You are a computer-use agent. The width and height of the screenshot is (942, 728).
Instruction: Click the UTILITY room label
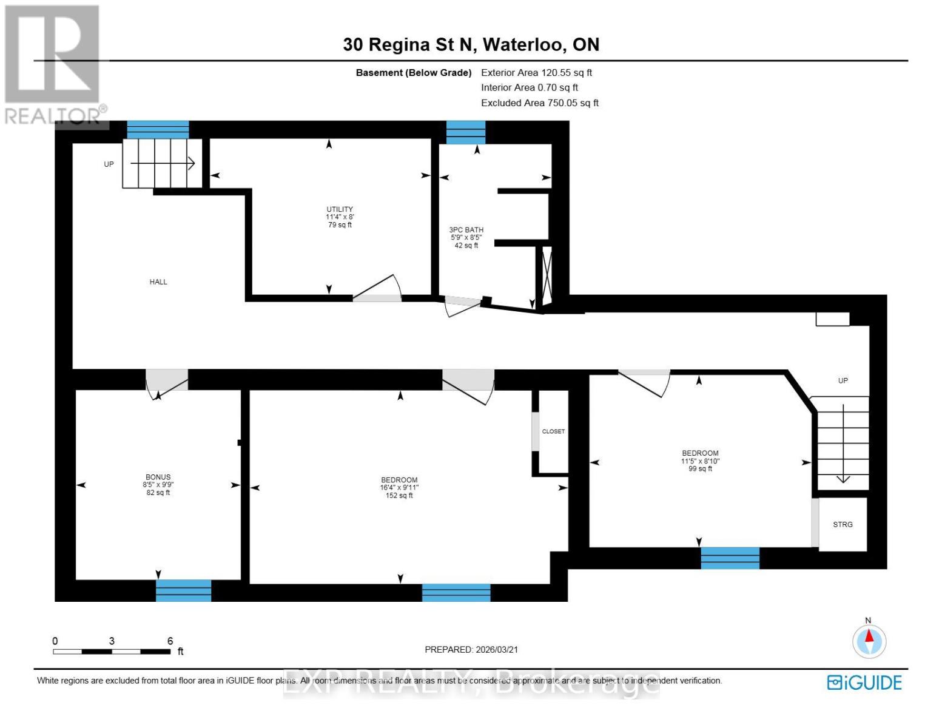340,210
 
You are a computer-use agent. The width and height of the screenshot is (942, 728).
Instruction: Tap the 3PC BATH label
466,231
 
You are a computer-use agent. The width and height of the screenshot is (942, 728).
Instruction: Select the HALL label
158,282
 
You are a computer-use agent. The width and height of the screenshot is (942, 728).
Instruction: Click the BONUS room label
158,477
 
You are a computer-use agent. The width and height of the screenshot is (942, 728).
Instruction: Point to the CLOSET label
553,431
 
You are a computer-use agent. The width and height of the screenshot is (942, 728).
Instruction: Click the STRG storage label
843,525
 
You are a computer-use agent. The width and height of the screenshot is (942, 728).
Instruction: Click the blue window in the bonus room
183,590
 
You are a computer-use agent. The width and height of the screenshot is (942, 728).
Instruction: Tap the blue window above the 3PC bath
466,132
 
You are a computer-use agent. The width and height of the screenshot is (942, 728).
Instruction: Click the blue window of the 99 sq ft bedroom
730,558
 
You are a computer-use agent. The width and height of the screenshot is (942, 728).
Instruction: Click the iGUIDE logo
864,682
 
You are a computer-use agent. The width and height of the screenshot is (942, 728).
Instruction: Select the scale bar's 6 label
170,641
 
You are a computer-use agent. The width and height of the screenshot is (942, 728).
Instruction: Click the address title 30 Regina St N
471,45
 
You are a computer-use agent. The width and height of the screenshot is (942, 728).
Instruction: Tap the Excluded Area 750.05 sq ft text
539,103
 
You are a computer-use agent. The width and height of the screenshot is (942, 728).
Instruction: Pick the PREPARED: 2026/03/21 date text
471,650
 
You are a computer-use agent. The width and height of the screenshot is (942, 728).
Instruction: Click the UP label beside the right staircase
843,381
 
